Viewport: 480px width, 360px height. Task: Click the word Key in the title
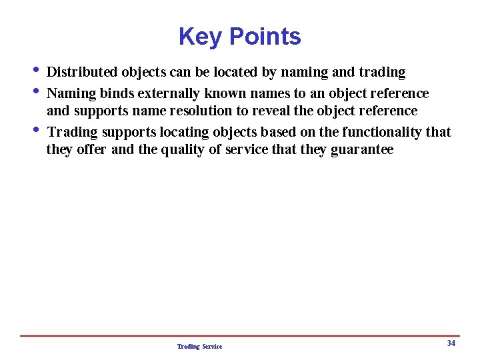[x=195, y=37]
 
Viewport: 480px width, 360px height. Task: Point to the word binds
[x=117, y=93]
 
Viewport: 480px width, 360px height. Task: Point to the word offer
[x=92, y=149]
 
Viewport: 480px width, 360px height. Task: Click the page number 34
[x=451, y=343]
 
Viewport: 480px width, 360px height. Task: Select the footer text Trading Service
[x=200, y=347]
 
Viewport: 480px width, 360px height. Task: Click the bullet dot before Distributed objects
[x=35, y=71]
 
